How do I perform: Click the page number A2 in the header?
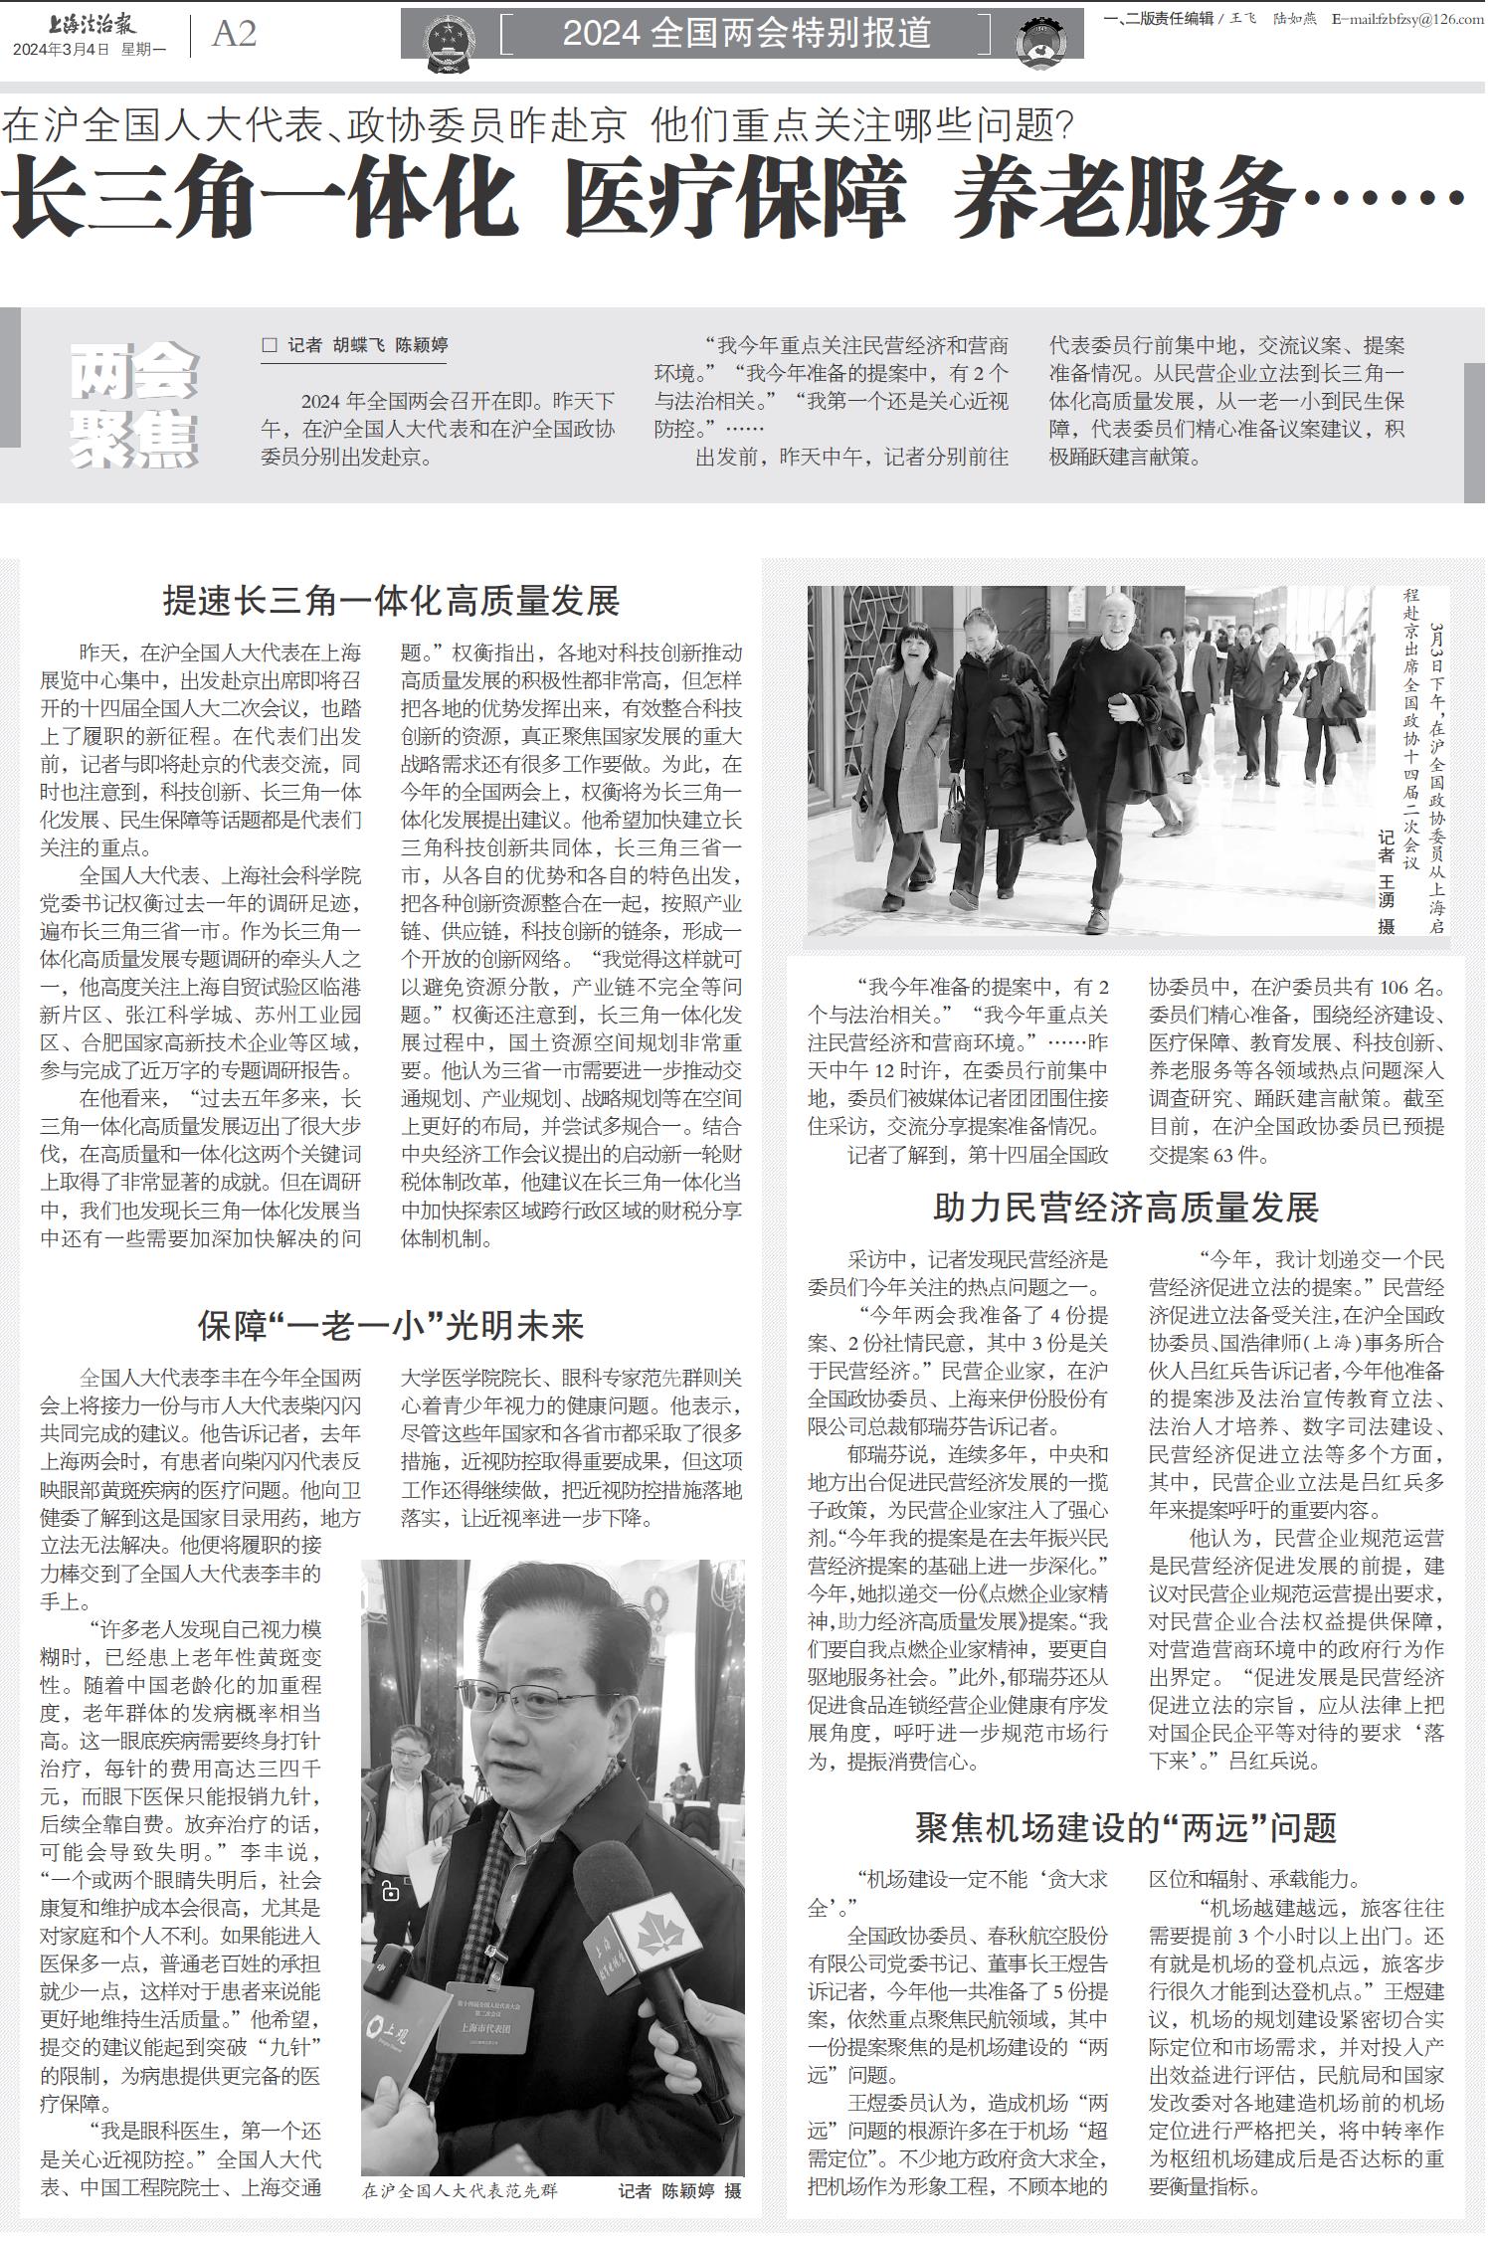tap(235, 35)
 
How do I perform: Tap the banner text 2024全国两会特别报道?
tap(746, 34)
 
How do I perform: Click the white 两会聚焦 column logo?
tap(134, 406)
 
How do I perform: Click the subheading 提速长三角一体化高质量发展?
tap(391, 601)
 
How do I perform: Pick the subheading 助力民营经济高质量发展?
tap(1125, 1207)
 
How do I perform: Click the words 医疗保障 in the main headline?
tap(735, 198)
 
